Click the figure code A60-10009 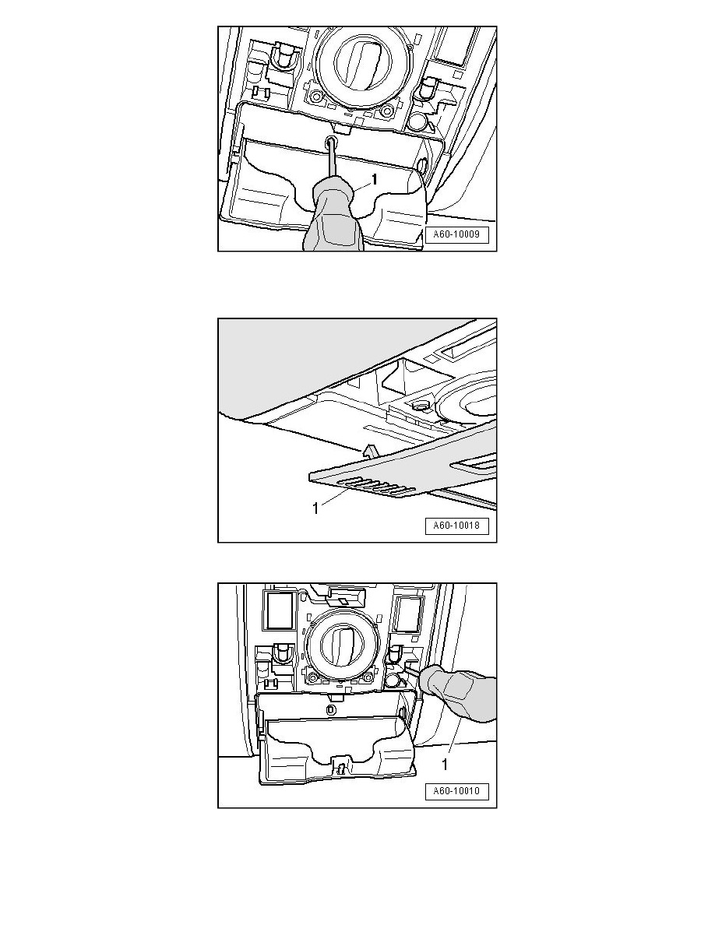(456, 234)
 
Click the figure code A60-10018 (456, 526)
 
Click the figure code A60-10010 (456, 791)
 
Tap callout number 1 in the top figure (374, 179)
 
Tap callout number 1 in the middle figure (315, 508)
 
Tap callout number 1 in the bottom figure (445, 764)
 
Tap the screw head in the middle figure (421, 406)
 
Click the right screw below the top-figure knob (386, 111)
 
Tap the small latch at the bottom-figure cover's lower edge (340, 765)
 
